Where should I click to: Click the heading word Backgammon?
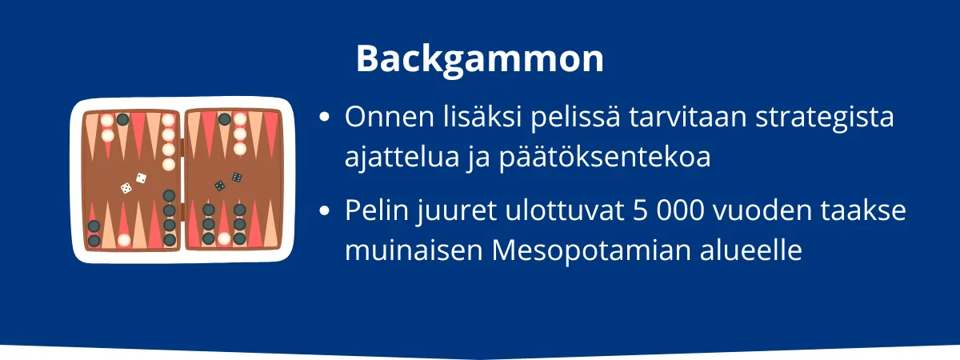pyautogui.click(x=479, y=58)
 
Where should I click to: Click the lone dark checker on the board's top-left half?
pyautogui.click(x=122, y=119)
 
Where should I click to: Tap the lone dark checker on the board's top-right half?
pyautogui.click(x=225, y=119)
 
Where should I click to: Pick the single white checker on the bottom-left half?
pyautogui.click(x=124, y=239)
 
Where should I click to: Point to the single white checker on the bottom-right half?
pyautogui.click(x=224, y=238)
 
